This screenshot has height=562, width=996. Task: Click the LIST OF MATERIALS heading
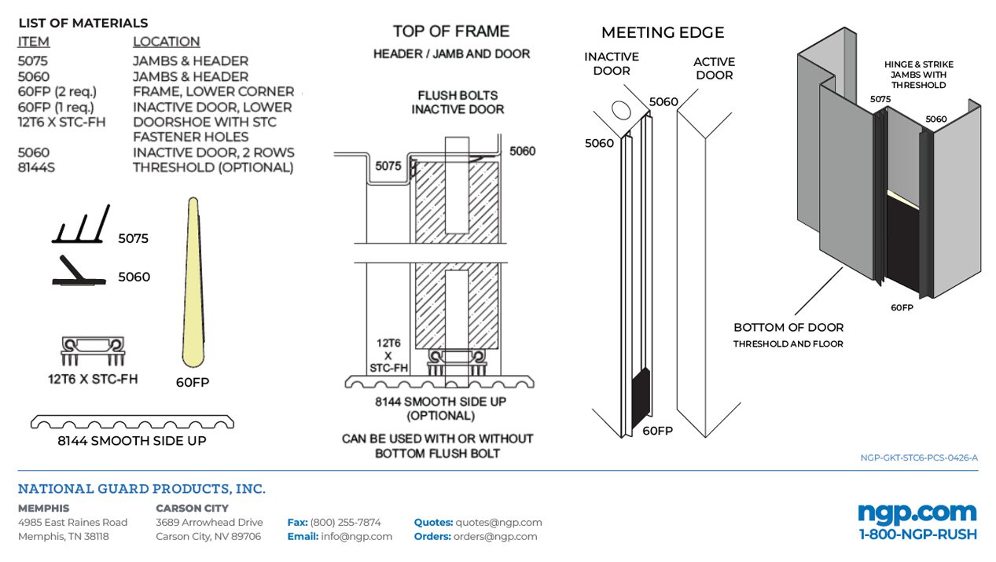(83, 23)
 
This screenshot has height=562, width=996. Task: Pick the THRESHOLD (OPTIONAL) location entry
(212, 167)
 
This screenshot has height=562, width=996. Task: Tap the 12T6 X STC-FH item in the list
(61, 122)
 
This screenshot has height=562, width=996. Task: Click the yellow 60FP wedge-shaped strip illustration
(192, 283)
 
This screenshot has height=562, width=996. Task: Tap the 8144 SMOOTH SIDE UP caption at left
(131, 441)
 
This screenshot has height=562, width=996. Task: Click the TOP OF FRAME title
(451, 31)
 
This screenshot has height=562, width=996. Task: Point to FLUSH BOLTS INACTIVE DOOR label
(458, 102)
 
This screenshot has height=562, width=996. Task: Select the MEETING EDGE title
(663, 32)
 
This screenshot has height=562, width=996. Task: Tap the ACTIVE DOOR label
(714, 68)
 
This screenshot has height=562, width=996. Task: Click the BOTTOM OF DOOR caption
(788, 327)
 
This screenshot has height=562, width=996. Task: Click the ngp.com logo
(917, 512)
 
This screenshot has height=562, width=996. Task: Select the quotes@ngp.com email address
(499, 522)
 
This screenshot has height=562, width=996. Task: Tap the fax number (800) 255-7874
(345, 522)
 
